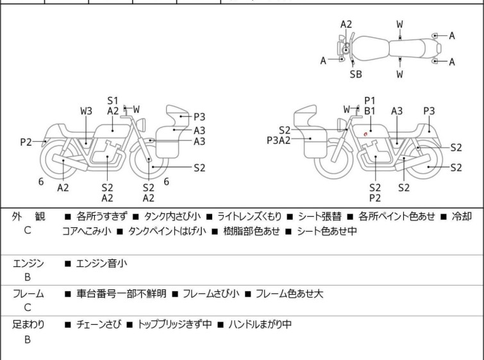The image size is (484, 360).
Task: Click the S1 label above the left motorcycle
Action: pyautogui.click(x=113, y=101)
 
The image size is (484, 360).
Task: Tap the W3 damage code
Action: pyautogui.click(x=87, y=111)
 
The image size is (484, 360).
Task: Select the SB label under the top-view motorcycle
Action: pyautogui.click(x=356, y=74)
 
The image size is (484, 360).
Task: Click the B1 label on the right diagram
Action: pyautogui.click(x=369, y=110)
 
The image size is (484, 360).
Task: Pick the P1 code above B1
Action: pyautogui.click(x=369, y=100)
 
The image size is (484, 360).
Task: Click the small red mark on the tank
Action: pyautogui.click(x=365, y=133)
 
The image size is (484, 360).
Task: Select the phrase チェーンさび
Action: pyautogui.click(x=97, y=324)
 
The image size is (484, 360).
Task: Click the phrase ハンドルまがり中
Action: pyautogui.click(x=259, y=324)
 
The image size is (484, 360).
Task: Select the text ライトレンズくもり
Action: pyautogui.click(x=246, y=216)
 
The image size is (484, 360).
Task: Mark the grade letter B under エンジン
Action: pyautogui.click(x=28, y=278)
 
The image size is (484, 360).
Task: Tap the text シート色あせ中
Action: pyautogui.click(x=326, y=231)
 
